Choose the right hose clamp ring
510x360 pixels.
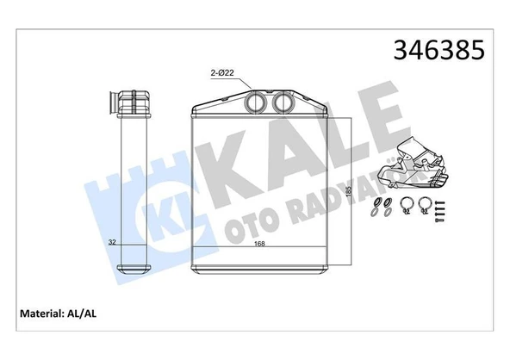[425, 206]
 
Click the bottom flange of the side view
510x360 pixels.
[128, 258]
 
